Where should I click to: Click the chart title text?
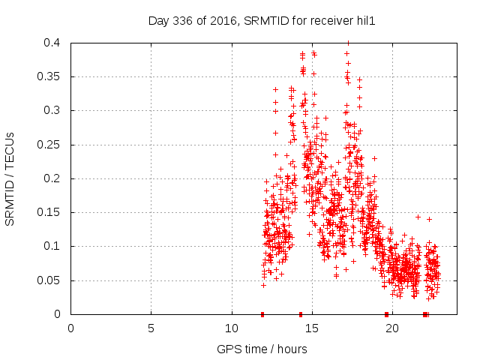coord(261,22)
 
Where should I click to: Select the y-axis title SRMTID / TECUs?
coord(10,178)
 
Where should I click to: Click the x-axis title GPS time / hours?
coord(261,349)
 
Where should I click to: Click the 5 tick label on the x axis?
coord(151,328)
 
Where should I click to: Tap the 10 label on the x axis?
coord(232,328)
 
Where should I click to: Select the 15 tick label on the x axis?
coord(312,328)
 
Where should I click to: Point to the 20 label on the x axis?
coord(392,328)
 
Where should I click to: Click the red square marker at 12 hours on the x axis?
coord(262,314)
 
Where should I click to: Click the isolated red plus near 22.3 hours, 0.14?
coord(429,219)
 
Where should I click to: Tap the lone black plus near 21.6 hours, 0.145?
coord(418,217)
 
